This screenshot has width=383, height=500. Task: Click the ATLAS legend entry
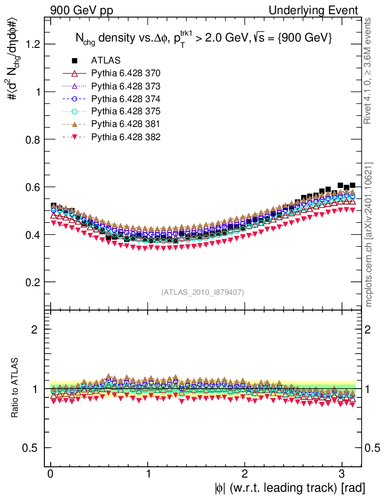point(105,61)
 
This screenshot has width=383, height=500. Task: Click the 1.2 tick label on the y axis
point(33,44)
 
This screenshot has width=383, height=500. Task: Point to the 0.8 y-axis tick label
point(33,140)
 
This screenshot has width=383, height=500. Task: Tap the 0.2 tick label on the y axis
point(33,282)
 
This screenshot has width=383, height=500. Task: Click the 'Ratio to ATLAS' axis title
point(16,388)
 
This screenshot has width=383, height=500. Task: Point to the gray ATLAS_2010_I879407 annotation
point(203,292)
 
